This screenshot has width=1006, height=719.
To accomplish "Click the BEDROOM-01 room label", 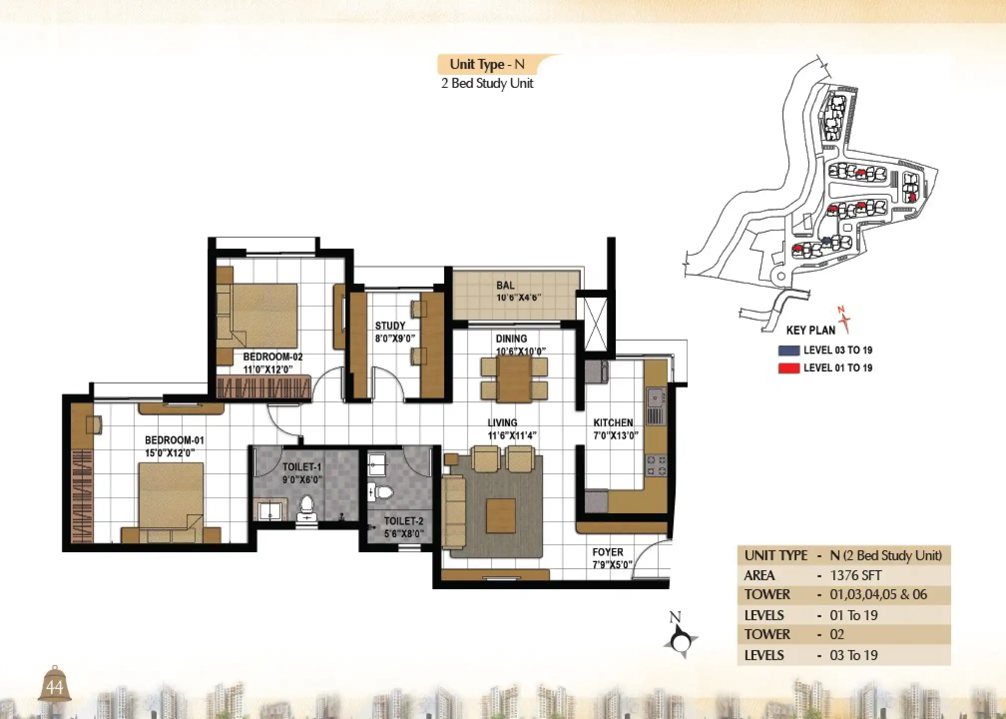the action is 174,440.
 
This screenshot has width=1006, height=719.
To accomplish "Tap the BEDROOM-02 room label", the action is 272,357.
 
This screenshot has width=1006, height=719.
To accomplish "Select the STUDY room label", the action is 390,326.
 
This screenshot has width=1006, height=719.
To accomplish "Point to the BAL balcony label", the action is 505,286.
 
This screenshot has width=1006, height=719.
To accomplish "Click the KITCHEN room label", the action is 613,423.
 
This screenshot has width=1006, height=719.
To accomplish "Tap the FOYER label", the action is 607,552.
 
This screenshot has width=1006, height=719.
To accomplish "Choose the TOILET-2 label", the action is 403,521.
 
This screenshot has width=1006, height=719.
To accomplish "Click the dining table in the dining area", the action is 514,379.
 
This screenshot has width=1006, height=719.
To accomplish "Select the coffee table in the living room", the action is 501,516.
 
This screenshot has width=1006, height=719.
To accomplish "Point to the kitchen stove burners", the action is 656,465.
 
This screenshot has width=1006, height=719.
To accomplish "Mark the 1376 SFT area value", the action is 855,576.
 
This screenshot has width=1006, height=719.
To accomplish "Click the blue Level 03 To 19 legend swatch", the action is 789,351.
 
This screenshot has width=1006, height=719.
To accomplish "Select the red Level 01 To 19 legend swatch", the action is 789,368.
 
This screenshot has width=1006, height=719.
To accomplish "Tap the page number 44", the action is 54,688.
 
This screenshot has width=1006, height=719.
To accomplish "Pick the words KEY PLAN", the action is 810,331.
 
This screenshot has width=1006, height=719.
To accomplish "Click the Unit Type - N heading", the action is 487,64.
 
